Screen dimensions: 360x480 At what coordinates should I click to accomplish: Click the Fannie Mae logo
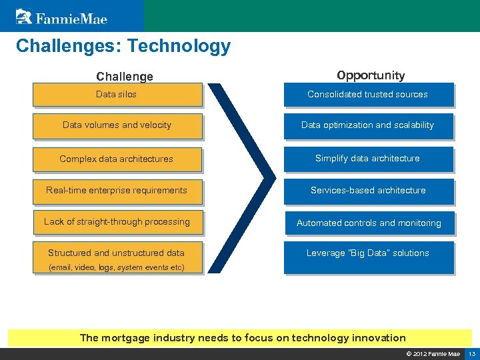[61, 16]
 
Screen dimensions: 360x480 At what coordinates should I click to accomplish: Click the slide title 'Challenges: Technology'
[123, 46]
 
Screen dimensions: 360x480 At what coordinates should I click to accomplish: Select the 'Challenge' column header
[125, 77]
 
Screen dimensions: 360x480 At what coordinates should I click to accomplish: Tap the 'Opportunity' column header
[371, 75]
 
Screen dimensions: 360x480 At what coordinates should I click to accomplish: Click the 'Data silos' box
[117, 95]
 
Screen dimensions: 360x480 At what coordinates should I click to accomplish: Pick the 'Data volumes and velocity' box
[117, 125]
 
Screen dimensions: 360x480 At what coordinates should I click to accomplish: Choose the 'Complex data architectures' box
[117, 159]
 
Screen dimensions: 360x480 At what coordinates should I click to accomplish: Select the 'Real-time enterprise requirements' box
[117, 191]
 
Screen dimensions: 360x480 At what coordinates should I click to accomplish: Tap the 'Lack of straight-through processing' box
[117, 222]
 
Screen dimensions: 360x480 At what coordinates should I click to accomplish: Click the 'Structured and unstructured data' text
[116, 253]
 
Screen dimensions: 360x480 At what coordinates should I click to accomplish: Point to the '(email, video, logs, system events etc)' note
[117, 267]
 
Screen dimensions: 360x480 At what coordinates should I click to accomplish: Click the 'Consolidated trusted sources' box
[368, 95]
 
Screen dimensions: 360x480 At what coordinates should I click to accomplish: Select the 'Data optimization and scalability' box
[368, 125]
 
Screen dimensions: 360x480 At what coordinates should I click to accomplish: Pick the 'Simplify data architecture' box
[368, 159]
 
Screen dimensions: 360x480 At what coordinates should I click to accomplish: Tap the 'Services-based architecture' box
[368, 191]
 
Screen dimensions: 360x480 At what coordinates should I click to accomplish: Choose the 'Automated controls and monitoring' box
[369, 223]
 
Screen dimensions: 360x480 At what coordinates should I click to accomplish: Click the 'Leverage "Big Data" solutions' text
[368, 253]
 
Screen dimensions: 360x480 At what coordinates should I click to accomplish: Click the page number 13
[471, 353]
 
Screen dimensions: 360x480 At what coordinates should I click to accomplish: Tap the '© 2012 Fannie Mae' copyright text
[433, 353]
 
